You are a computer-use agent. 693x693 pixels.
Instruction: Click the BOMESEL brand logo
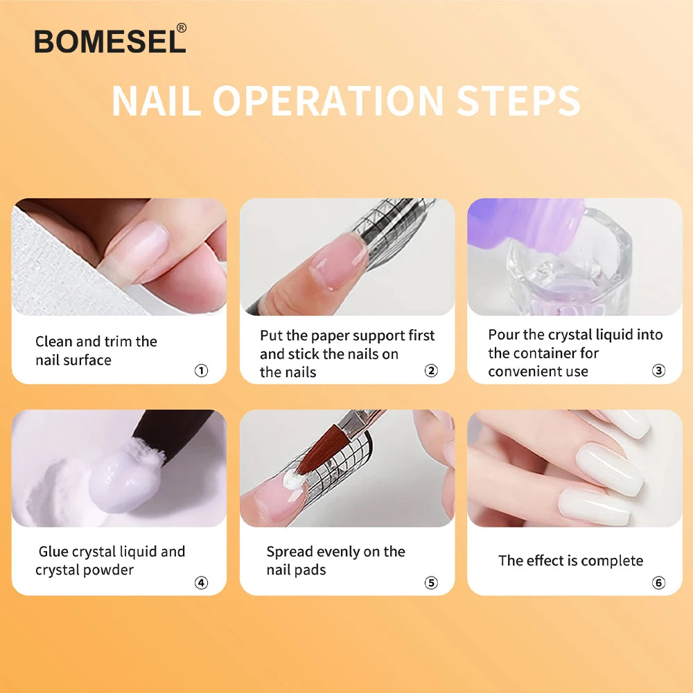109,42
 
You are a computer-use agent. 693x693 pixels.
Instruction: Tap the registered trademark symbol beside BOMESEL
182,28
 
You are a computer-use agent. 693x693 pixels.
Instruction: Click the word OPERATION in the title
328,102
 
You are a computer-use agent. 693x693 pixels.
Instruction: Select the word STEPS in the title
518,102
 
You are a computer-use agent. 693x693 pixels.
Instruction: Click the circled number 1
201,371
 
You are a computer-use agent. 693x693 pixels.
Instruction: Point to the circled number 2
431,371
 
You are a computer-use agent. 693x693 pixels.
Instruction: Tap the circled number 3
658,371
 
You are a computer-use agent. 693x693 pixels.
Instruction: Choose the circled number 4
201,583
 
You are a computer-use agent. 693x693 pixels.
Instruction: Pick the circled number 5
431,583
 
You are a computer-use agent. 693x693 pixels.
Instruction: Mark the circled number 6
658,583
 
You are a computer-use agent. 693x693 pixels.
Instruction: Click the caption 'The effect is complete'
570,561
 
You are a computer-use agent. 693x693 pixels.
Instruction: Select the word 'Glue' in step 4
53,552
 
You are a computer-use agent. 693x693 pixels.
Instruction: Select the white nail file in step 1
49,263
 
